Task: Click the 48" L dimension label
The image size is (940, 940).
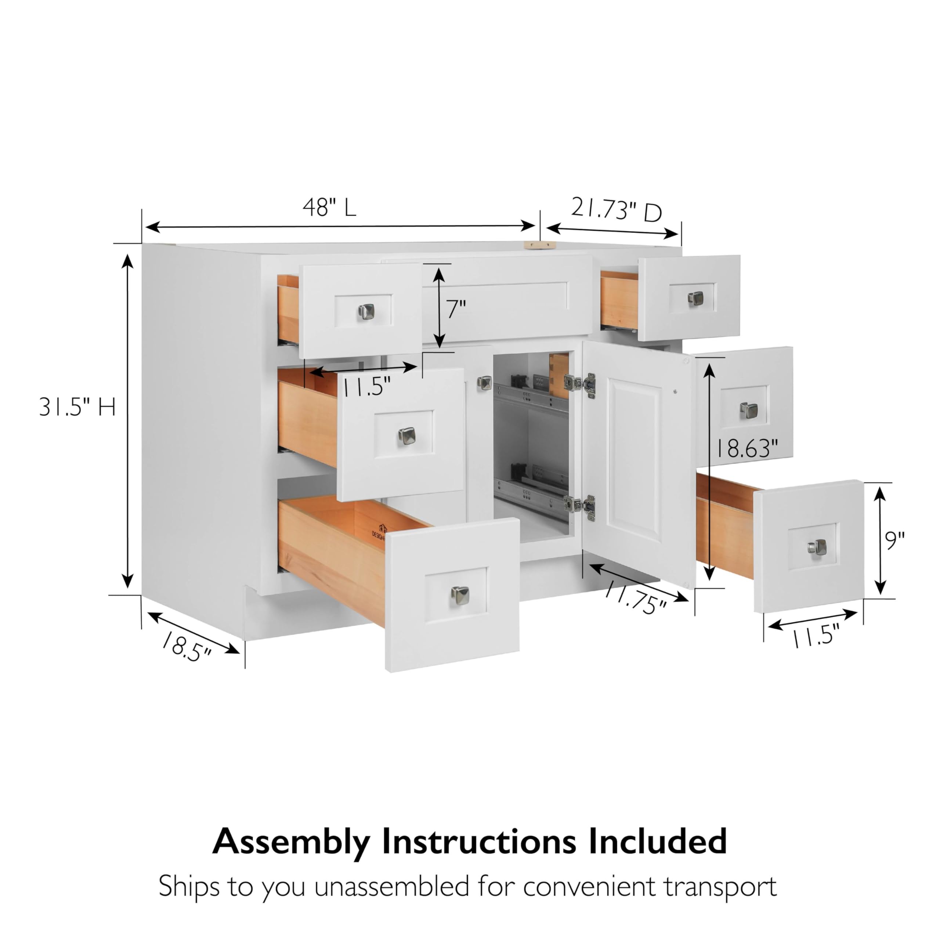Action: click(x=329, y=208)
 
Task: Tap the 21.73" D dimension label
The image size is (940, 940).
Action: click(x=616, y=210)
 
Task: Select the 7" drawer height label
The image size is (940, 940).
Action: click(x=456, y=309)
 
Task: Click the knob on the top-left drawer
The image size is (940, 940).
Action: click(x=366, y=311)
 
